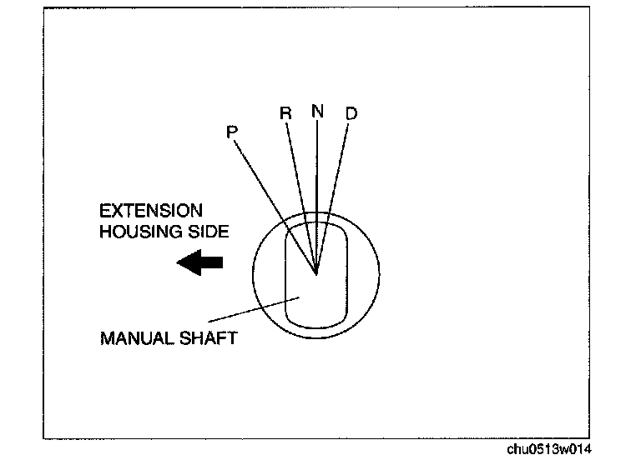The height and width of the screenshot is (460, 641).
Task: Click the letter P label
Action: pos(232,131)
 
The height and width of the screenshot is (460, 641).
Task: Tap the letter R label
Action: pos(285,113)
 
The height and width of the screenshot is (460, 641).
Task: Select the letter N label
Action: pos(316,111)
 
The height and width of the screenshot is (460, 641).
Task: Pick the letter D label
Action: pos(351,113)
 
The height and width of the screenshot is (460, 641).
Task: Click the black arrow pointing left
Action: pos(200,262)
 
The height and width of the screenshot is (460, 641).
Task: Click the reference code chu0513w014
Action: pos(548,448)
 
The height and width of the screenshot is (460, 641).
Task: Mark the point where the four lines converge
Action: pos(316,272)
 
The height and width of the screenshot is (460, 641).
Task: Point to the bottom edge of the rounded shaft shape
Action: pos(316,326)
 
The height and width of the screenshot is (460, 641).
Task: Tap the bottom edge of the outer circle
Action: pos(316,337)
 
